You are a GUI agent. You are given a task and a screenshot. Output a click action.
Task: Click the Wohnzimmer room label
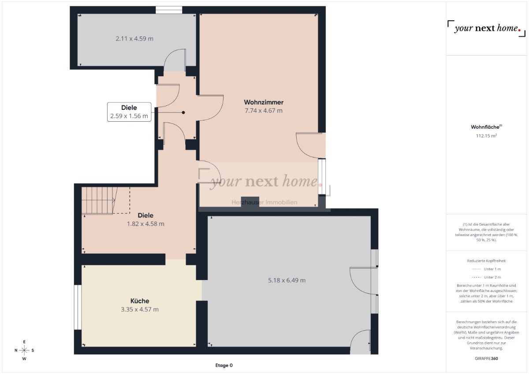(264, 102)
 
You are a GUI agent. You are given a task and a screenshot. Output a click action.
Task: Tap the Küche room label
(140, 301)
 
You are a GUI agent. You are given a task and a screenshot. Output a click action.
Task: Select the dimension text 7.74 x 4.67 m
(264, 111)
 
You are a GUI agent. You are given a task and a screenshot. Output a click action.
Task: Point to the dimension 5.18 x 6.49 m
(287, 280)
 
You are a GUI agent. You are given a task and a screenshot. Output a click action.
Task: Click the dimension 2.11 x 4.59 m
(134, 38)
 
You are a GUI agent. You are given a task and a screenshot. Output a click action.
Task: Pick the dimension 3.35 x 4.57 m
(140, 309)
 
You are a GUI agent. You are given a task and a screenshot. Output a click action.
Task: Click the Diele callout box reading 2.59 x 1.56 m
(129, 112)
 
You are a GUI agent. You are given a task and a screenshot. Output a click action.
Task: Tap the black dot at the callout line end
(183, 112)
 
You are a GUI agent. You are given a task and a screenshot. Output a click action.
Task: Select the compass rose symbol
(24, 350)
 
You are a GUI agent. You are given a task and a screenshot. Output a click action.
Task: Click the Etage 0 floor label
(224, 365)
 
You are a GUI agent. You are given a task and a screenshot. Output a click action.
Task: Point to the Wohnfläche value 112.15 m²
(486, 135)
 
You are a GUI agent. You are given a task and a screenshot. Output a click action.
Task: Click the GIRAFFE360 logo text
(486, 359)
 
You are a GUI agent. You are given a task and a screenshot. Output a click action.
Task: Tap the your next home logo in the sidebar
(486, 29)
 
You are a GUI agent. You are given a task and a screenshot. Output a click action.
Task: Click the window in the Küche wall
(78, 307)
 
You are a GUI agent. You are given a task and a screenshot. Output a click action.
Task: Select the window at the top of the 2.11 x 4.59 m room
(168, 10)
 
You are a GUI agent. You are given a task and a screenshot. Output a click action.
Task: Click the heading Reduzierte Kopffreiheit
(486, 261)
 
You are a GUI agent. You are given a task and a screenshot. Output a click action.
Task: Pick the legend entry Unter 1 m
(486, 269)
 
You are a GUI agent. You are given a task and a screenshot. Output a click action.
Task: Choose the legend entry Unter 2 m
(486, 277)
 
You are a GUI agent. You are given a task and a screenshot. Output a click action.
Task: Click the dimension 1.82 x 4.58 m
(145, 224)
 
